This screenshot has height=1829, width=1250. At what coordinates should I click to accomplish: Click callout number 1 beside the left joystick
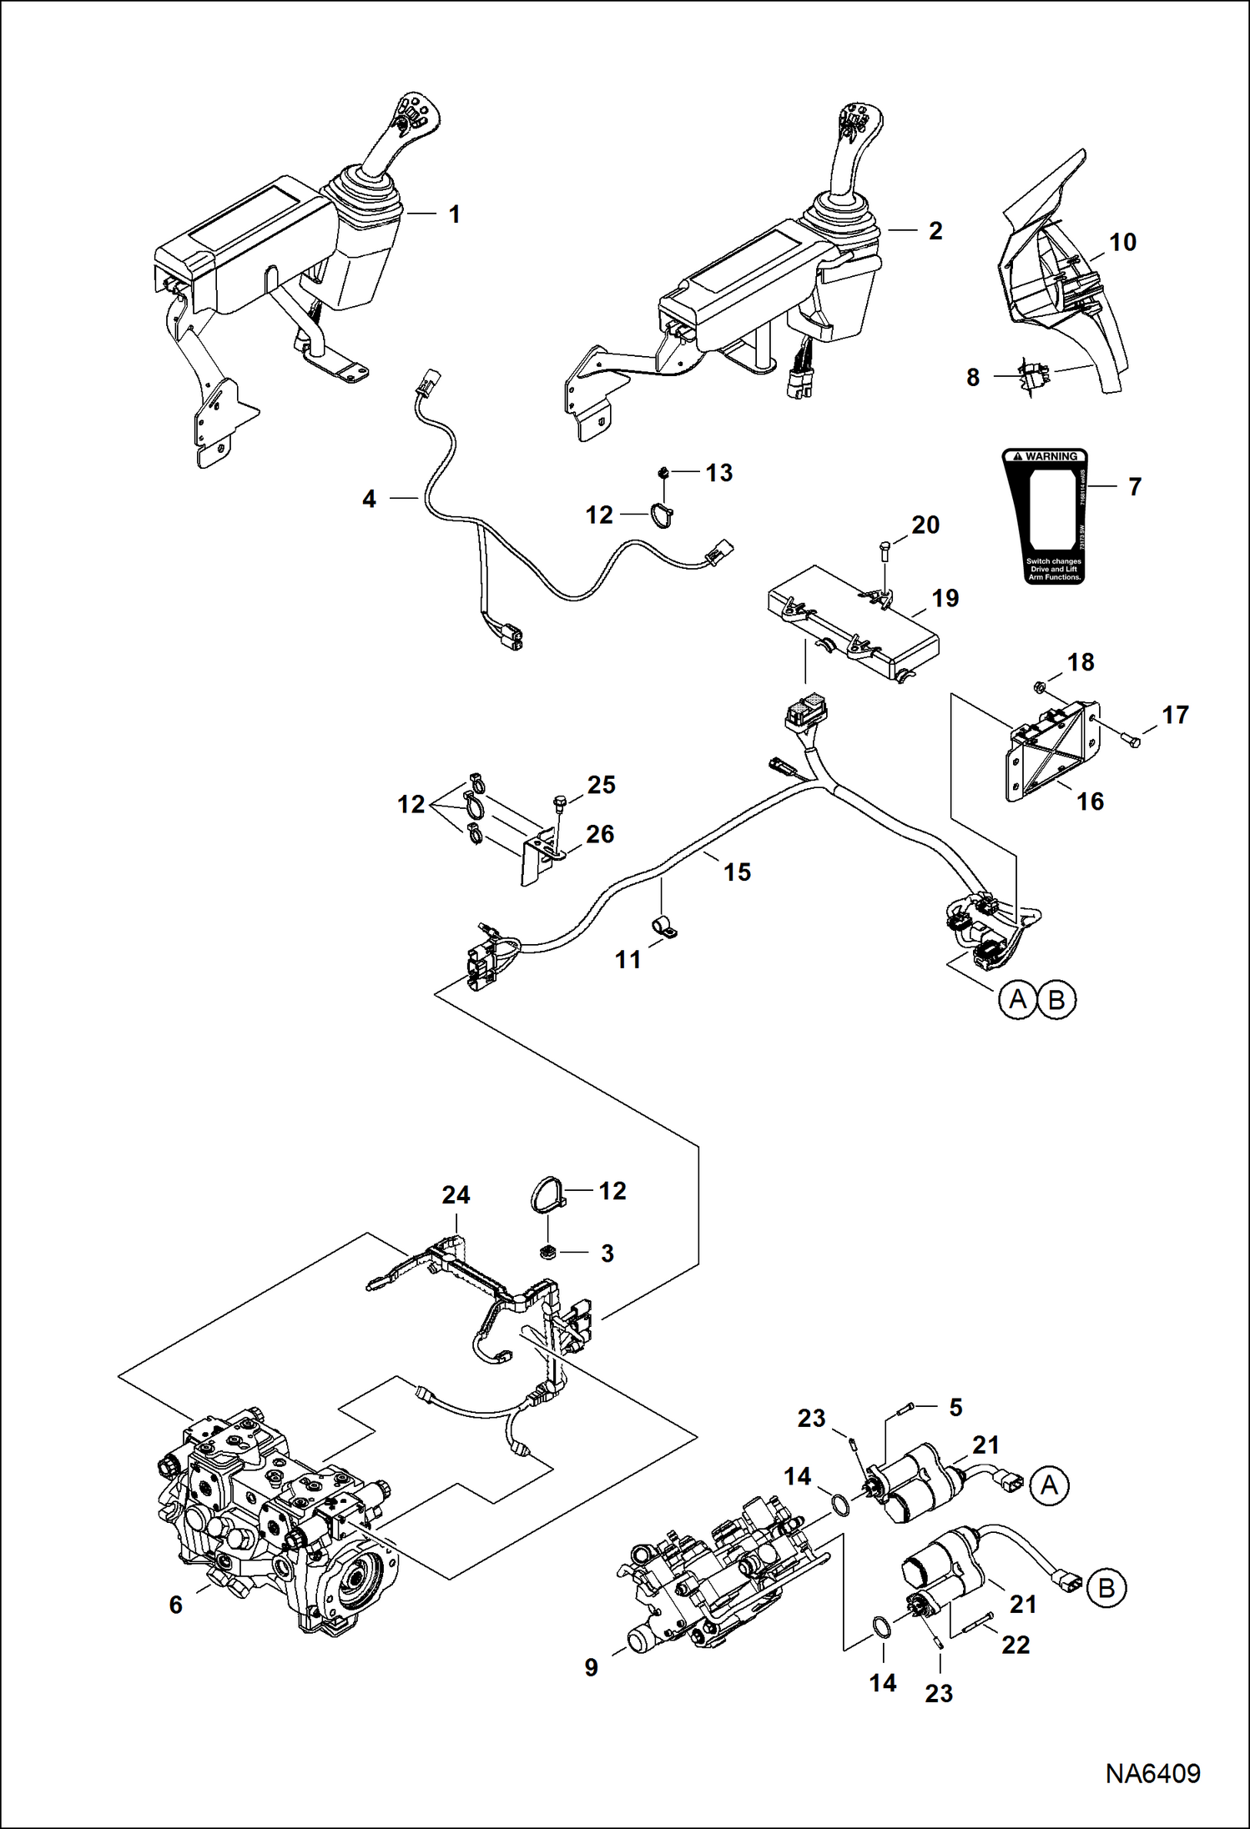point(454,214)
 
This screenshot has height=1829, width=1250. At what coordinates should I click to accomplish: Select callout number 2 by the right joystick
point(935,231)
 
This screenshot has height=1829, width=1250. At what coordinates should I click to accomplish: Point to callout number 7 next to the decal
point(1134,486)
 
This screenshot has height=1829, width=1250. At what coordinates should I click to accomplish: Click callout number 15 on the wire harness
point(737,872)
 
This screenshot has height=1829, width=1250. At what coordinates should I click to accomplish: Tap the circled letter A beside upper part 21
point(1049,1485)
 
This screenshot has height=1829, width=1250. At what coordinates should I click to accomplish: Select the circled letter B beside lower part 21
point(1106,1587)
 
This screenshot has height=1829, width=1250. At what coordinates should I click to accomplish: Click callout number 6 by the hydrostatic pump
point(175,1605)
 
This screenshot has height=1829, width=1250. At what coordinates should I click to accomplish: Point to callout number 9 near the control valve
point(591,1667)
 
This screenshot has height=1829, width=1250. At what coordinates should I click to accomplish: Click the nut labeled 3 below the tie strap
point(548,1252)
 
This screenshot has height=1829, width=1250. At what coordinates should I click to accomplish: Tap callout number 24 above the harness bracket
point(456,1195)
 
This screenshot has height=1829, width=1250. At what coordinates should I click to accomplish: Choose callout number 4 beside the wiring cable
point(369,499)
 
